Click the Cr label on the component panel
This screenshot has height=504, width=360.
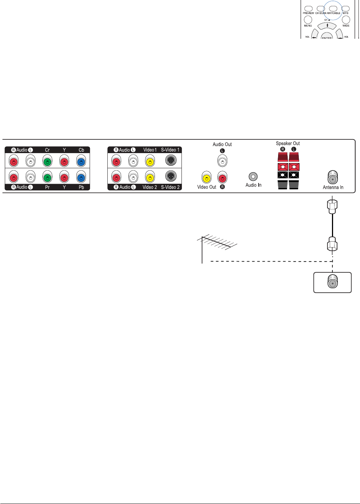47,150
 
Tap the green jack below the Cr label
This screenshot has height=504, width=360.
47,161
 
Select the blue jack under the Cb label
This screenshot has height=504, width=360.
81,161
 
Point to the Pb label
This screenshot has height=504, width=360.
81,187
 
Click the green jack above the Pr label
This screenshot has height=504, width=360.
47,177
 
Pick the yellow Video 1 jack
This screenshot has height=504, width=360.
150,161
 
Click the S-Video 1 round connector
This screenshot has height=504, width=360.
171,160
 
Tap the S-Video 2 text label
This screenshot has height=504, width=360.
170,187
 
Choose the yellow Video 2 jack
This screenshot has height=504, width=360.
150,177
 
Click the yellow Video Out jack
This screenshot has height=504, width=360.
207,178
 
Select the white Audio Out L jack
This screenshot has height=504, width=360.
222,161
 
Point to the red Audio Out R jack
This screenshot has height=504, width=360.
222,178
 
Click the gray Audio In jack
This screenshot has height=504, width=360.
253,176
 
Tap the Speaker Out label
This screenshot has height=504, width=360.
288,144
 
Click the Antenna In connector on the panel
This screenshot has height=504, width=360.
333,177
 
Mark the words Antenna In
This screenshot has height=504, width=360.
333,187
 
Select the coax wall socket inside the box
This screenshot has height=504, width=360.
332,282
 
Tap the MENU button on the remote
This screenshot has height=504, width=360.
308,20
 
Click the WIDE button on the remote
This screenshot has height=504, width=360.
346,20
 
